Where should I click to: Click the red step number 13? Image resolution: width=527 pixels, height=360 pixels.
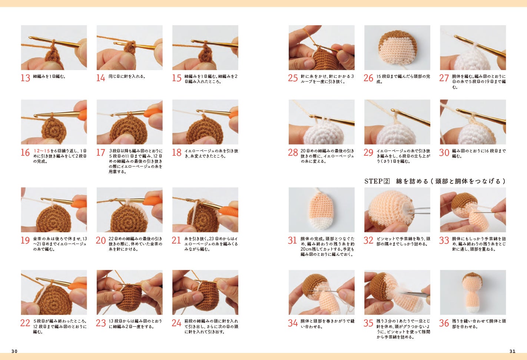pos(26,78)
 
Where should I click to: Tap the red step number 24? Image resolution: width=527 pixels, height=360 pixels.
pos(176,323)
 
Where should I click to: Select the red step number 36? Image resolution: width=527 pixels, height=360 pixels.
pos(444,323)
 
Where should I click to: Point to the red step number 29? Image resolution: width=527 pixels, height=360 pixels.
pos(368,152)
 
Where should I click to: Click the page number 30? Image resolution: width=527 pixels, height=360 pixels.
pos(14,351)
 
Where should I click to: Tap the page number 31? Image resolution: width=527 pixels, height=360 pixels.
pos(513,351)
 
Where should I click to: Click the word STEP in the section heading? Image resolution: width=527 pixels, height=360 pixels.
pos(374,181)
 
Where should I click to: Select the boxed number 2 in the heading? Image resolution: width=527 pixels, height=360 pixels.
pos(387,181)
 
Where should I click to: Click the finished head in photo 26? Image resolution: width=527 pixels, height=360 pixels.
pos(397,47)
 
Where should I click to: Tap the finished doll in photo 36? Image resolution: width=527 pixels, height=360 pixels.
pos(473,293)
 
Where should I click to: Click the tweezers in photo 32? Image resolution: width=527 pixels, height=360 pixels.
pos(418,211)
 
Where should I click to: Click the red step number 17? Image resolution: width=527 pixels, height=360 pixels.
pos(101,152)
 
